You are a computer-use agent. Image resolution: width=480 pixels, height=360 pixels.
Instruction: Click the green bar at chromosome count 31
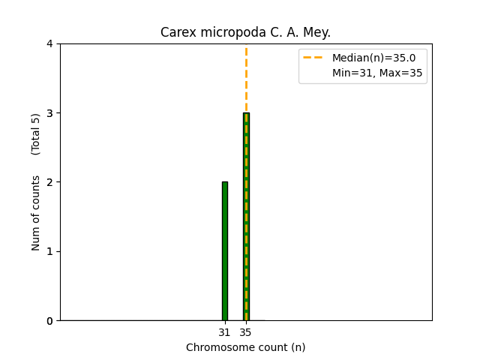coord(224,251)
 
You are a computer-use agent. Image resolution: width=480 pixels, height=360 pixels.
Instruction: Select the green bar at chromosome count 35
coord(246,217)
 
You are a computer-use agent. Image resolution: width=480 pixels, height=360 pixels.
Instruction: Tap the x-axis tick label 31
coord(224,332)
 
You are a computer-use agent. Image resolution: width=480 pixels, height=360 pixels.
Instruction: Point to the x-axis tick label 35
coord(246,332)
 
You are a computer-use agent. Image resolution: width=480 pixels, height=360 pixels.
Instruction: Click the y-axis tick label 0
coord(49,321)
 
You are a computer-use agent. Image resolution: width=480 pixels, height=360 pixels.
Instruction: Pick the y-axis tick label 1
coord(49,251)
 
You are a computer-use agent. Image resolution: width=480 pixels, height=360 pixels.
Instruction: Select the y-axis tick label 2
coord(49,182)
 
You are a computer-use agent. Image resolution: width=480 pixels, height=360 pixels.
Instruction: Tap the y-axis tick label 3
coord(49,113)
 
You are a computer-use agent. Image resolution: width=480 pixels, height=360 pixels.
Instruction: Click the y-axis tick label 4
coord(49,43)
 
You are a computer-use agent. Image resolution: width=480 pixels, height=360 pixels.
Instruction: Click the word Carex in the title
coord(175,32)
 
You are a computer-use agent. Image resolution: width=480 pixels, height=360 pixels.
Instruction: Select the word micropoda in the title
coord(222,32)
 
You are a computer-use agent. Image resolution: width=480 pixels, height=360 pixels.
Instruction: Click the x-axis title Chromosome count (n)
coord(246,347)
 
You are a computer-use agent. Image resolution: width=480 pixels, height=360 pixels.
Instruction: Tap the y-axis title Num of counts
coord(36,214)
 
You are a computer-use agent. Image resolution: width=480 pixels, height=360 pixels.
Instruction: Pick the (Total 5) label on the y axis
coord(36,134)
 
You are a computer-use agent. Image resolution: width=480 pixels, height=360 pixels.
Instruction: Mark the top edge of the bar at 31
coord(224,182)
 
